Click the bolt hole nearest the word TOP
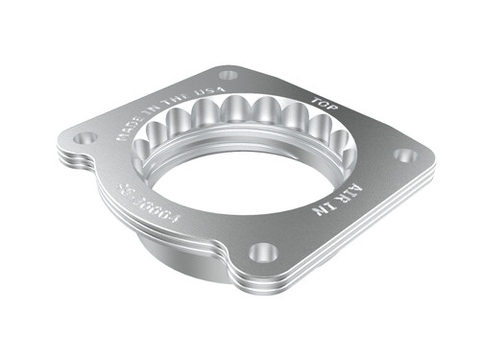point(228,74)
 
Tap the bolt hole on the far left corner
point(85,137)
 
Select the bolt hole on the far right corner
point(405,155)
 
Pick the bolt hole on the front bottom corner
point(263,252)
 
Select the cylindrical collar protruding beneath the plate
point(173,240)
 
